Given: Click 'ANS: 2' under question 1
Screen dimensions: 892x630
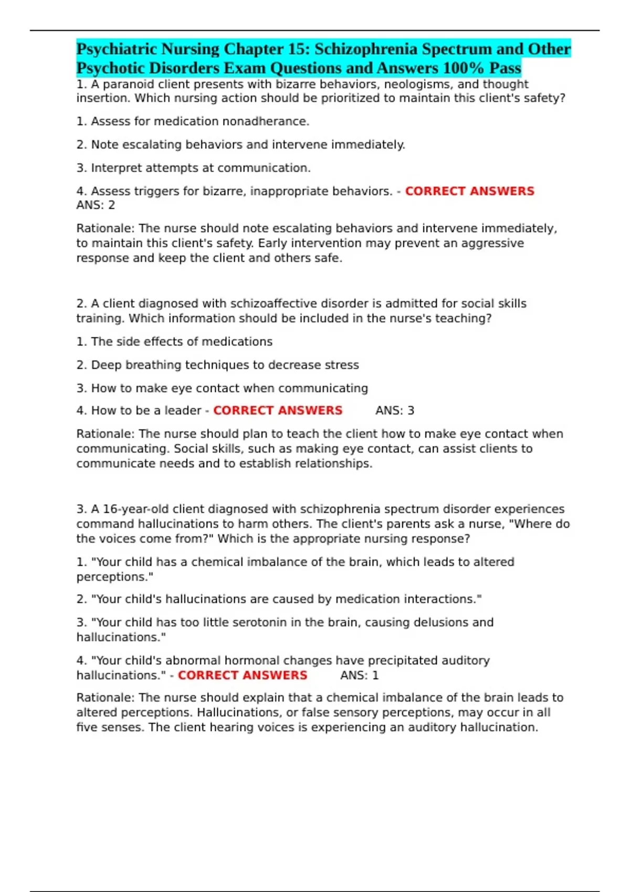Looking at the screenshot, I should click(x=96, y=205).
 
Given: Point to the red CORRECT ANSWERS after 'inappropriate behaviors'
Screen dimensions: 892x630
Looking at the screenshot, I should click(x=469, y=191).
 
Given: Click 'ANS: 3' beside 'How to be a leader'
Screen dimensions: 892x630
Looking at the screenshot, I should click(x=395, y=410).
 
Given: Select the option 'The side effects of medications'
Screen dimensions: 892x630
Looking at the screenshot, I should click(x=182, y=342).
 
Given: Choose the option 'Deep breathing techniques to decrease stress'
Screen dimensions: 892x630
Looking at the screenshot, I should click(x=225, y=365).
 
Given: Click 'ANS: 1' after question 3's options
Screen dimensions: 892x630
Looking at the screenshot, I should click(x=360, y=675).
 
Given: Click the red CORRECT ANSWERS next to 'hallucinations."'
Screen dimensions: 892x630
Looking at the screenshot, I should click(x=243, y=675).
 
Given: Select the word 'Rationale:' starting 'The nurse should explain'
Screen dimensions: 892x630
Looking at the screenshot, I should click(x=106, y=697).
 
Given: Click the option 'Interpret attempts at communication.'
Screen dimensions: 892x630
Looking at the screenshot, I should click(x=201, y=168).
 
